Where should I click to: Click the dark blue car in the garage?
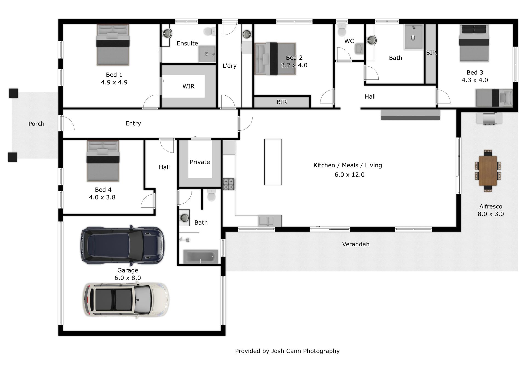point(122,245)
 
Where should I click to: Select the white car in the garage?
point(126,300)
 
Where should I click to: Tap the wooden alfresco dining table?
point(488,171)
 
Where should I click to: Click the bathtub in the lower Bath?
point(201,256)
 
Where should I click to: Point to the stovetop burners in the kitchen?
point(228,184)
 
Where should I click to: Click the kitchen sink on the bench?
point(266,221)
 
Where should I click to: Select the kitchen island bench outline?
point(273,162)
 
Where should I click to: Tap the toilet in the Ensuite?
point(210,31)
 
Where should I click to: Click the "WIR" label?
point(188,86)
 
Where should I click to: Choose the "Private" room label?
point(200,162)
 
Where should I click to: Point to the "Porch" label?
point(36,124)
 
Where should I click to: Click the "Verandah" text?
point(356,244)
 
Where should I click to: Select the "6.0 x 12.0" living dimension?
point(350,174)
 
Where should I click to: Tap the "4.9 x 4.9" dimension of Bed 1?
point(114,82)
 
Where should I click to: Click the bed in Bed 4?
point(103,161)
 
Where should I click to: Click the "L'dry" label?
point(230,66)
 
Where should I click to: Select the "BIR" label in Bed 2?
point(282,102)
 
